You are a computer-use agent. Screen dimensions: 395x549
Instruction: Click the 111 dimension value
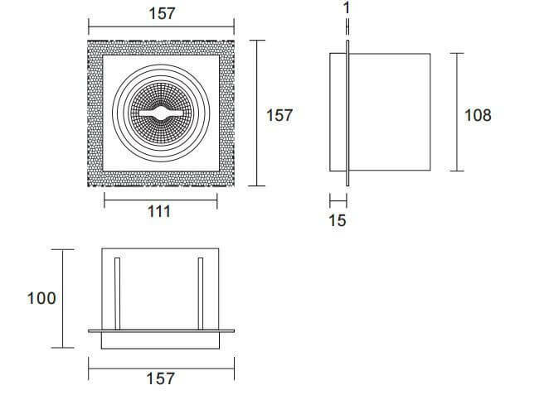(158, 211)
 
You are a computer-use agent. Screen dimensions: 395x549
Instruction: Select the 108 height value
(479, 114)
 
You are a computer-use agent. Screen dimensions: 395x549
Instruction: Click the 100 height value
(41, 297)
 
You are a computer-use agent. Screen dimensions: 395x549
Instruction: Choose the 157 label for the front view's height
(279, 115)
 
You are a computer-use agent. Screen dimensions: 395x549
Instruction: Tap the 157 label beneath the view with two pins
(160, 378)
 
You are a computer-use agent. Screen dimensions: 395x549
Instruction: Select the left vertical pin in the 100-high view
(118, 293)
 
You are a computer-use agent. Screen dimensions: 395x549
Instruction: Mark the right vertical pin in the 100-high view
(201, 293)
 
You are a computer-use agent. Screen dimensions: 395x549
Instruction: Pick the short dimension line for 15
(338, 200)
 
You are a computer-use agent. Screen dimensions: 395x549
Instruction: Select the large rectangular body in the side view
(390, 113)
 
